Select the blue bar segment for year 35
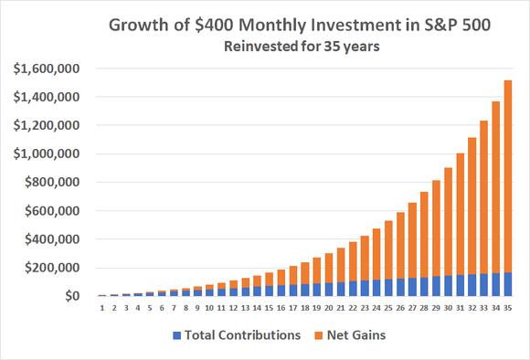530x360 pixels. pyautogui.click(x=507, y=284)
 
